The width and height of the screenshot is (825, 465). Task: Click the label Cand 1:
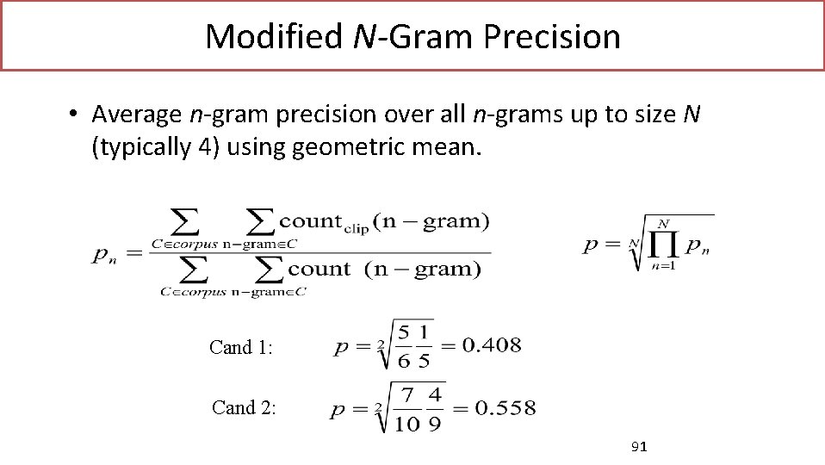pos(241,348)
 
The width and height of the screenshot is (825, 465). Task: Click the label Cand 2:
pos(244,407)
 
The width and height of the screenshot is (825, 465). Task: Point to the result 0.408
pos(491,346)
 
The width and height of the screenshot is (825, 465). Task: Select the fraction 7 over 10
pos(409,406)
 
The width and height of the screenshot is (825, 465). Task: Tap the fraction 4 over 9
pos(435,406)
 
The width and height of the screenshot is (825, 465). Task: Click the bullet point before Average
pos(76,114)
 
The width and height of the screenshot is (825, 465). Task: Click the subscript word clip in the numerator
pos(356,229)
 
